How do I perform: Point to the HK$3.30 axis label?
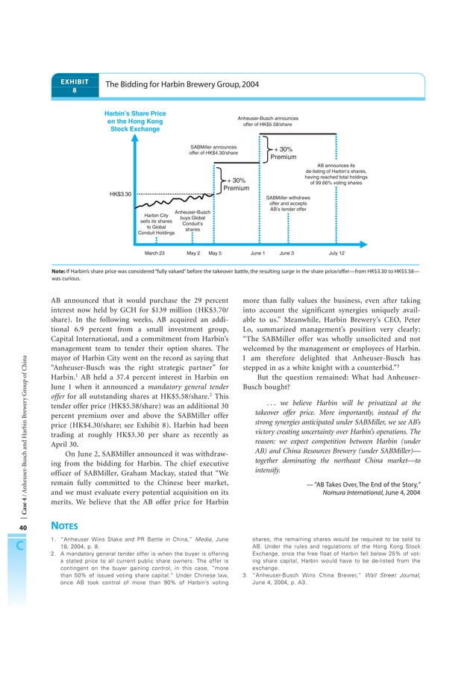120,194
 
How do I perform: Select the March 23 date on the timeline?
154,253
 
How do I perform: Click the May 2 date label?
192,253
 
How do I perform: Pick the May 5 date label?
215,253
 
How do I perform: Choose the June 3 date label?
286,253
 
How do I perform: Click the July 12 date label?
336,253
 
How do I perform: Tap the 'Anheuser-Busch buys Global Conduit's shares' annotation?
192,221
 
